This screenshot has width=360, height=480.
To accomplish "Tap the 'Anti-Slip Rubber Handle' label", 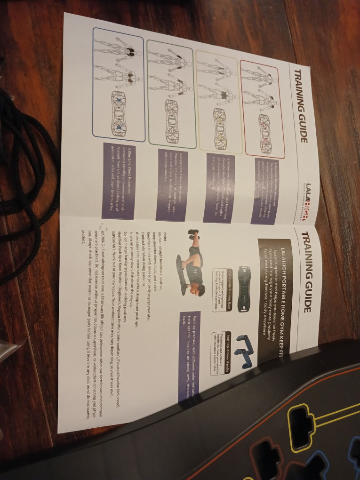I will tap(228, 351).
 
